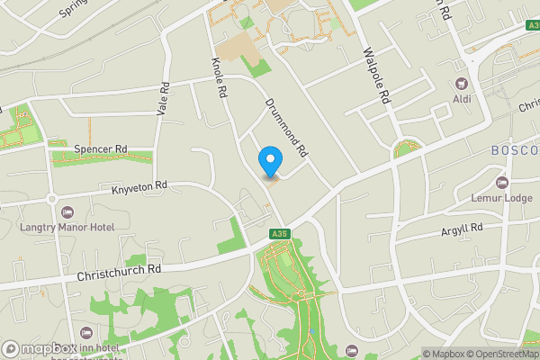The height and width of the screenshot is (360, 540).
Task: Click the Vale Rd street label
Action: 162,98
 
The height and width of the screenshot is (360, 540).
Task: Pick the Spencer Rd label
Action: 101,148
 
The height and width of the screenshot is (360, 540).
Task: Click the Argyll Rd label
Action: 462,229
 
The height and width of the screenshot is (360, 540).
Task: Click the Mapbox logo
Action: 40,349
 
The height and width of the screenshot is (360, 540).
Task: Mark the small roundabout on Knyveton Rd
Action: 51,199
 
